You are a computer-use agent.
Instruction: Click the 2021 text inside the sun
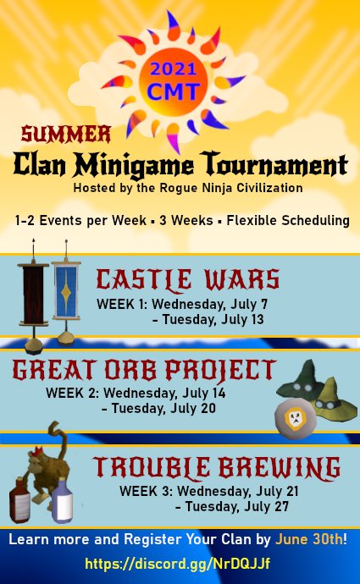(173, 69)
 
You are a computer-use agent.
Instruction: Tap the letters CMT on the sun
(174, 91)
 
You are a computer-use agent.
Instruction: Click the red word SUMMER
(66, 134)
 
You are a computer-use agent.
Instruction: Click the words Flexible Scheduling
(288, 220)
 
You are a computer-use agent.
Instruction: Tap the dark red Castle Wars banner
(33, 295)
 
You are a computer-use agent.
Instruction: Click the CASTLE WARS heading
(188, 280)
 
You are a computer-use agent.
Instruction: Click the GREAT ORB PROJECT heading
(144, 371)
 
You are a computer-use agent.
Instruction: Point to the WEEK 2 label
(72, 393)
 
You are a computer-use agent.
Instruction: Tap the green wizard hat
(299, 380)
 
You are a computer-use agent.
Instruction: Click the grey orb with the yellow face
(296, 418)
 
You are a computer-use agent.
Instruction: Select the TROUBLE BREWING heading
(217, 468)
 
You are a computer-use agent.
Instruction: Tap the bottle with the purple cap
(62, 502)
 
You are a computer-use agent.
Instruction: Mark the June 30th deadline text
(308, 539)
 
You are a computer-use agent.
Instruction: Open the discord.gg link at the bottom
(178, 563)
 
